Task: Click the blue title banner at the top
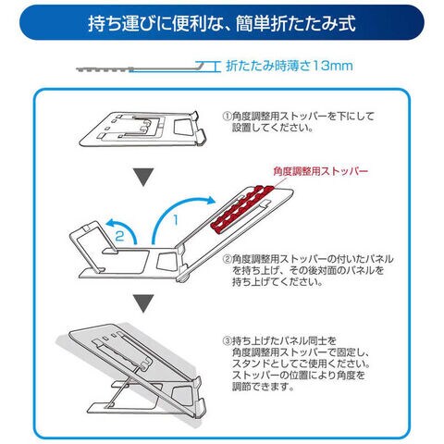pos(222,22)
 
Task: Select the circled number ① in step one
pos(227,117)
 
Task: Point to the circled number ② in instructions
pos(227,258)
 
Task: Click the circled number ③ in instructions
pos(227,340)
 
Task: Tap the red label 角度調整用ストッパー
pos(321,171)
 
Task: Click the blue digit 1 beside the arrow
pos(176,220)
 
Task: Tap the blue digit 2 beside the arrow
pos(119,236)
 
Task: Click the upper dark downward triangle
pos(143,177)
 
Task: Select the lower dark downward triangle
pos(143,303)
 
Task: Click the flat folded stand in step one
pos(142,129)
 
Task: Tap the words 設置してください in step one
pos(273,128)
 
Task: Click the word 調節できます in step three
pos(263,387)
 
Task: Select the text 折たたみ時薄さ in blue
pos(267,66)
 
